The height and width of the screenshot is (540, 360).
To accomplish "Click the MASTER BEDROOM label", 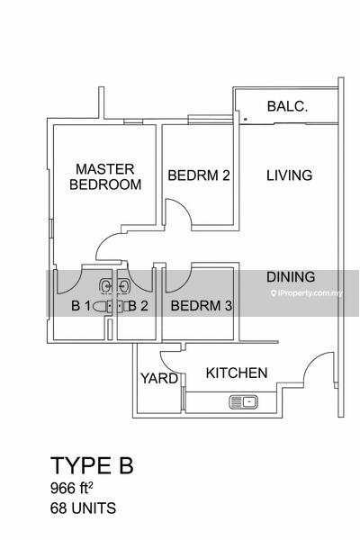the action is click(x=105, y=176).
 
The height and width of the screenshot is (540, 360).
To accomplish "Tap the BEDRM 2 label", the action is click(x=199, y=175).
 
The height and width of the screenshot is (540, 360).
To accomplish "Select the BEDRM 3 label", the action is click(x=202, y=305).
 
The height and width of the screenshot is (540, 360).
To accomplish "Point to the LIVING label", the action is click(x=290, y=175).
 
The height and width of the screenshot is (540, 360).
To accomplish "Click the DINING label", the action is click(x=291, y=277).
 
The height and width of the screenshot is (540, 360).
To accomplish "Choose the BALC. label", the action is click(x=287, y=106).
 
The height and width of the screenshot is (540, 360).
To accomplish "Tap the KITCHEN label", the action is click(x=237, y=373).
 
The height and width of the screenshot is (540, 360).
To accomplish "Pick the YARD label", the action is click(x=159, y=378).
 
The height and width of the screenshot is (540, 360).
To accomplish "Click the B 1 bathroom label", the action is click(x=81, y=305).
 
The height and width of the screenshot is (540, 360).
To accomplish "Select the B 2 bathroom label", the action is click(x=138, y=305).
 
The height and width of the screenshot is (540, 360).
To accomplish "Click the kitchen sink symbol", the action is click(x=244, y=402).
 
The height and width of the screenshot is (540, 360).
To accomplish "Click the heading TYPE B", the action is click(x=92, y=465).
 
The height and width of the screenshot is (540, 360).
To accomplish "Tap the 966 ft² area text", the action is click(x=72, y=488).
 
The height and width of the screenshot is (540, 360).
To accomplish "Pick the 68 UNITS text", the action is click(x=83, y=508).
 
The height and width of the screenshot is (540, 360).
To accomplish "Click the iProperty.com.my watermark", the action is click(x=307, y=293).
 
